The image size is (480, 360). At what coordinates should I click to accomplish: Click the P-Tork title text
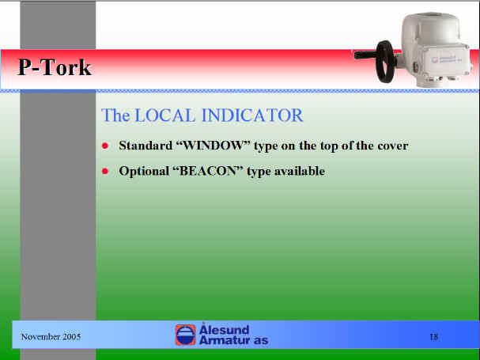[55, 67]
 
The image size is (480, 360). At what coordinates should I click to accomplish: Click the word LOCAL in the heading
[164, 116]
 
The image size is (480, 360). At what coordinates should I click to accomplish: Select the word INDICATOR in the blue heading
[252, 116]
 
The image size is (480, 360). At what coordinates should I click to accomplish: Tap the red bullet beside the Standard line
[105, 146]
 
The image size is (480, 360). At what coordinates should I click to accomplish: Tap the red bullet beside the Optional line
[105, 171]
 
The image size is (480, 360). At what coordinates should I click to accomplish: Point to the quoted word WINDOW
[213, 146]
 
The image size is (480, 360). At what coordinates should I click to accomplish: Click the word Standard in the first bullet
[146, 146]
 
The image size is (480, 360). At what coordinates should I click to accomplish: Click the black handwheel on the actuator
[384, 61]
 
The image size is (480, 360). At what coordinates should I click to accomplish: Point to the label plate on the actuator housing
[448, 59]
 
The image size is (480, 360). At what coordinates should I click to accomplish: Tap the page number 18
[434, 337]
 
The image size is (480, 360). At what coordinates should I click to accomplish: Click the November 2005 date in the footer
[51, 337]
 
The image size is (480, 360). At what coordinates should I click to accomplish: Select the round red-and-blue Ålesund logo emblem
[185, 335]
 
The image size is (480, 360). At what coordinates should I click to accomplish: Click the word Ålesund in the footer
[224, 329]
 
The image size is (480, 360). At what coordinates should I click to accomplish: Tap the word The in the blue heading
[115, 116]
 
